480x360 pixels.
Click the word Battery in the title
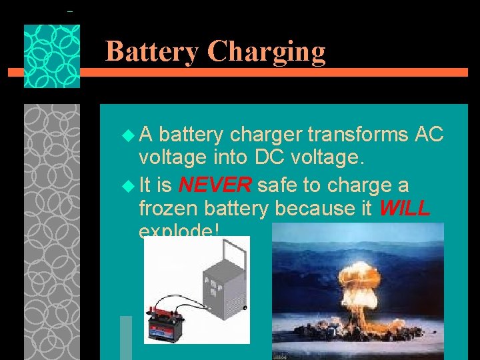152,51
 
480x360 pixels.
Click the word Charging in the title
267,53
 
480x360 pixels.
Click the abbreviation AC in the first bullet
429,135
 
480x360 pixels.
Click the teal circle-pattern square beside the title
52,56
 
